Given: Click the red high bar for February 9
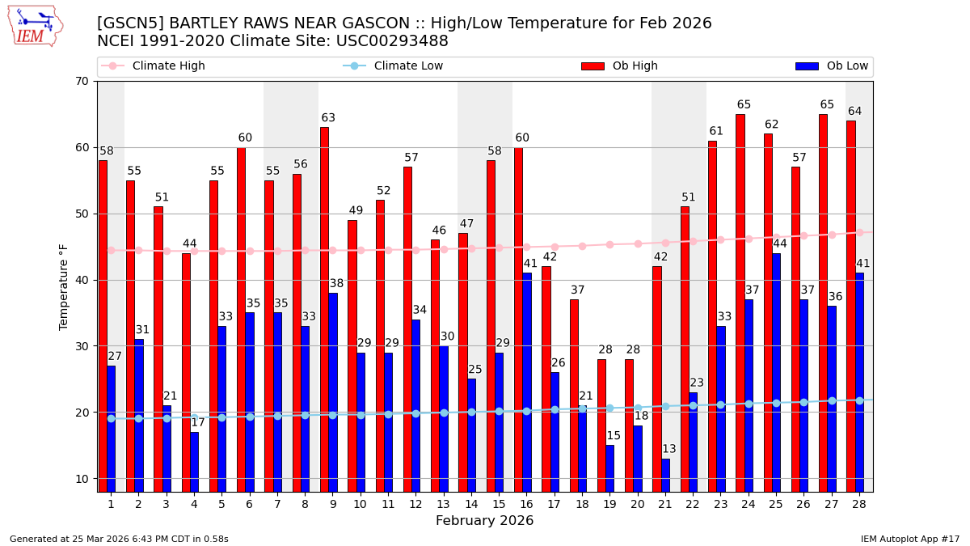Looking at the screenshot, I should coord(324,309).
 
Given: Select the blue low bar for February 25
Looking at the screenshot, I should coord(776,372).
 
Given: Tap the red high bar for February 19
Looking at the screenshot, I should coord(601,425).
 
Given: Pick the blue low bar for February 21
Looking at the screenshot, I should coord(665,475).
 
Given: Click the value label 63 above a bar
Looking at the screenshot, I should coord(328,118).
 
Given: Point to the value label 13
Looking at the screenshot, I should coord(669,449).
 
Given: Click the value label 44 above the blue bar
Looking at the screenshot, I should coord(780,244).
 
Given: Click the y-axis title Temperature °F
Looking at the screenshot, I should coord(64,286).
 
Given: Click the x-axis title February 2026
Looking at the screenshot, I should coord(484,521).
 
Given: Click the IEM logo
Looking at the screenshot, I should coord(35,26).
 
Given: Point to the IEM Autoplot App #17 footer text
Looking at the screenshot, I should coord(909,539).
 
